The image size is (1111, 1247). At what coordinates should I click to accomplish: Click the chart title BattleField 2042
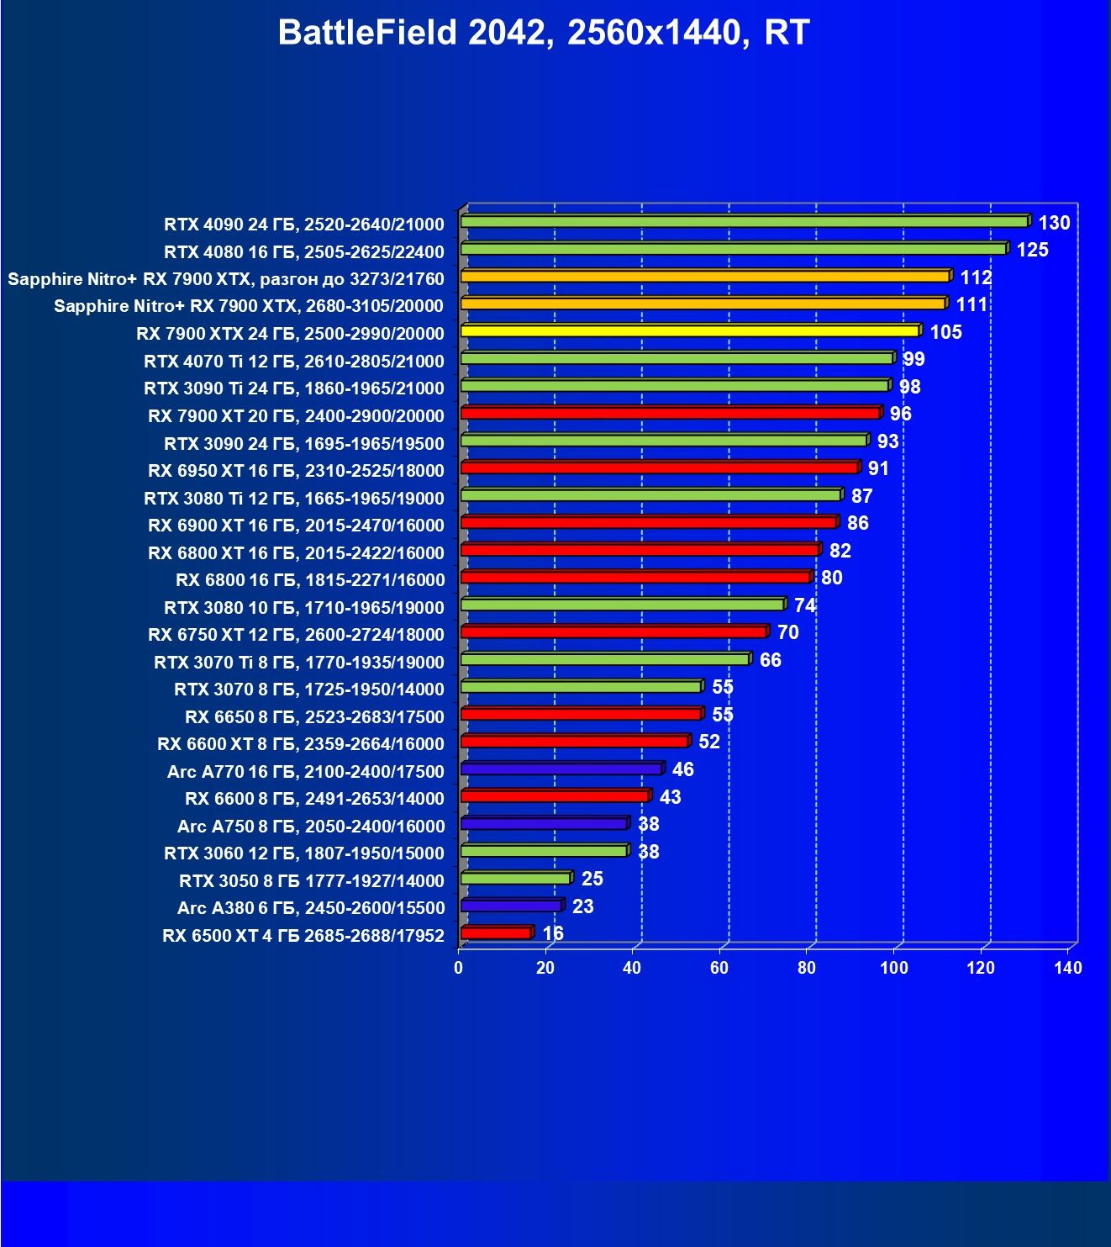pos(543,33)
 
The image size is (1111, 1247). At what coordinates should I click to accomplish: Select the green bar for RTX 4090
pos(744,222)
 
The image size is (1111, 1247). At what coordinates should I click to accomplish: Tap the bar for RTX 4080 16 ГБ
pos(733,249)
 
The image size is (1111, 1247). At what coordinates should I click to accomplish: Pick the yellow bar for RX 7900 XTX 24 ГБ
pos(689,331)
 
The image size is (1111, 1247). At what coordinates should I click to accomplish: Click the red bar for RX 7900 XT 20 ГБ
pos(670,413)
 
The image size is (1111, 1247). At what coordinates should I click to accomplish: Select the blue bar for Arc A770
pos(561,769)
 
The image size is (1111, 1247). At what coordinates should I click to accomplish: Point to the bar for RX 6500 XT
pos(496,933)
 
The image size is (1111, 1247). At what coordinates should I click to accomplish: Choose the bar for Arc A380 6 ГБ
pos(511,906)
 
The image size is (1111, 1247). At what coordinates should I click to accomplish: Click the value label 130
pos(1054,223)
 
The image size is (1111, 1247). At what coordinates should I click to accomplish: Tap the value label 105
pos(945,332)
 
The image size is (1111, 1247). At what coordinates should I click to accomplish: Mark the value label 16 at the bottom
pos(553,933)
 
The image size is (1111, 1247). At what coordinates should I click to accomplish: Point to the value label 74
pos(804,605)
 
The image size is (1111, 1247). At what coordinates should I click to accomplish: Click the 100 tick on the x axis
pos(894,968)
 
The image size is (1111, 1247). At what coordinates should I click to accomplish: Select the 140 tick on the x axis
pos(1068,968)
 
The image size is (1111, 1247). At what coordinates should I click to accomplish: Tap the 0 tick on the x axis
pos(459,968)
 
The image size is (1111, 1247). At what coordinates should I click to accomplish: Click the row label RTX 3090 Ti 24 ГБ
pos(294,388)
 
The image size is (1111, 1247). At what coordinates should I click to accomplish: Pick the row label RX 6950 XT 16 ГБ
pos(296,470)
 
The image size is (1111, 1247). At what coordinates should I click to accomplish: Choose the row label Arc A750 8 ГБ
pos(311,826)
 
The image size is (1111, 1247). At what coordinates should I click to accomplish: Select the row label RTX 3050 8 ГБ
pos(312,880)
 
